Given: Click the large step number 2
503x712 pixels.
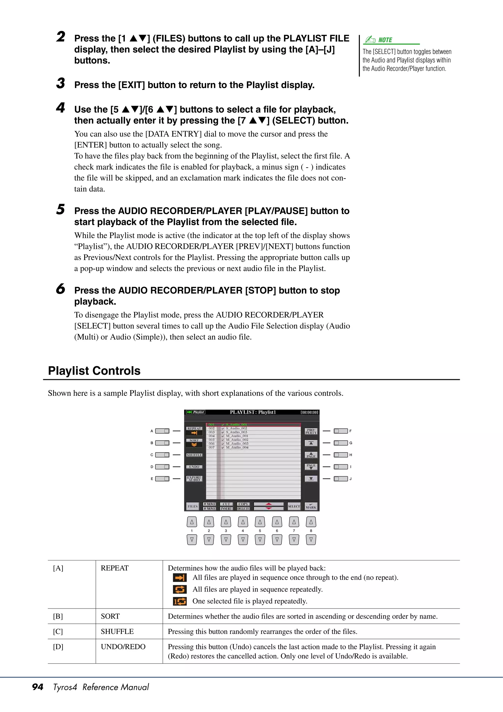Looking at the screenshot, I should click(x=61, y=37).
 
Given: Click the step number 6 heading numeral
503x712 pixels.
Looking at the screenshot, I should click(x=61, y=289).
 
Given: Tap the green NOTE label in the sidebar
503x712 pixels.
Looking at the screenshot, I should click(x=385, y=40).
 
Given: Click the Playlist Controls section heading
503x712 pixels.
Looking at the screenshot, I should click(x=94, y=371).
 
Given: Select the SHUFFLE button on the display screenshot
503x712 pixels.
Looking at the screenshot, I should click(x=194, y=455).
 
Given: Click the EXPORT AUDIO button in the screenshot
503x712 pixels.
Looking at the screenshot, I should click(x=194, y=479).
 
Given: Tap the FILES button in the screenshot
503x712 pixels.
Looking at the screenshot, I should click(x=193, y=506).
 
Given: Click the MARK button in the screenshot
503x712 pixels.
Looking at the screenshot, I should click(x=311, y=506).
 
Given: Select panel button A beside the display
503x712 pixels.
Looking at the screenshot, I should click(x=162, y=431).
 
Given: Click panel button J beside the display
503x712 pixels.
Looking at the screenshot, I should click(x=341, y=479).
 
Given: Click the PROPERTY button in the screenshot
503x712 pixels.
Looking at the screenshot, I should click(x=311, y=431).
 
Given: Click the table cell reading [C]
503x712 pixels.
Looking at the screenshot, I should click(x=58, y=631).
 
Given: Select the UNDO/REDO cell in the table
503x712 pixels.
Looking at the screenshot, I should click(x=123, y=647).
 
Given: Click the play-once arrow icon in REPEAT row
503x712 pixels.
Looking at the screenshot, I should click(x=180, y=577).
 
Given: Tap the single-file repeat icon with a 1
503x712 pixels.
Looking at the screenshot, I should click(x=180, y=601).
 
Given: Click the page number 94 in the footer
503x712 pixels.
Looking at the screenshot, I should click(x=38, y=687).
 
